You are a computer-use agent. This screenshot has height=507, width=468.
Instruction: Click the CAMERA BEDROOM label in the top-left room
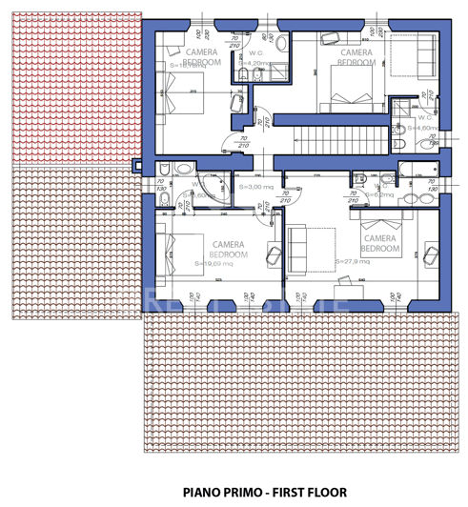203,56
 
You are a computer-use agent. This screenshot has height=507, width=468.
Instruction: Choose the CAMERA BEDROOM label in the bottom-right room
379,243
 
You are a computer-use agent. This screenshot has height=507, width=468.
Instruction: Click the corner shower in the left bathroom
215,186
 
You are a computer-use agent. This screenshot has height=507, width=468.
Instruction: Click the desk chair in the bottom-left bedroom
274,253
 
